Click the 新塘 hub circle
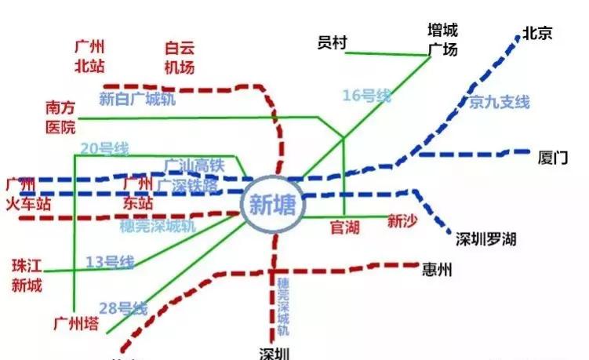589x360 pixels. (271, 205)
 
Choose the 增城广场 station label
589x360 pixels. (442, 39)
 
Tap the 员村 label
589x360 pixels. (332, 42)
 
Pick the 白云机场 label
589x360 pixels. (179, 57)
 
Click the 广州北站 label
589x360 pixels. (90, 56)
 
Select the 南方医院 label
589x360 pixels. (60, 116)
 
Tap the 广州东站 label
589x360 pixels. (138, 193)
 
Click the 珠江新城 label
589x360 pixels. (27, 274)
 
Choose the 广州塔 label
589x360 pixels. (76, 323)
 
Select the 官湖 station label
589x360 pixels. (344, 228)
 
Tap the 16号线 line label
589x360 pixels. (366, 96)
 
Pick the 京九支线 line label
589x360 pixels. (500, 102)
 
